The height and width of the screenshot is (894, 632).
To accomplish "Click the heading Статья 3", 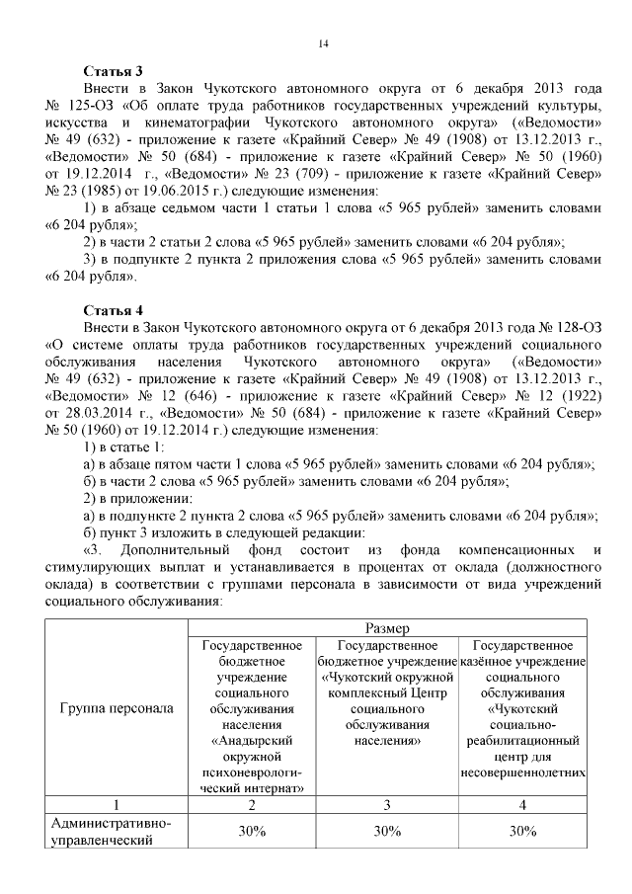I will coord(114,71).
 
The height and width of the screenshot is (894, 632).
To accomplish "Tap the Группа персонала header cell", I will coord(117,708).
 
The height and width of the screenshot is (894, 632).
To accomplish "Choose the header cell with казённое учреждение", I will coord(523,708).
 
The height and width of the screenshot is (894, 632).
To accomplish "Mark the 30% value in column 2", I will coord(253,832).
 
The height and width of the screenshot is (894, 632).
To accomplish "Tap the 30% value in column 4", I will coord(523,832).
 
